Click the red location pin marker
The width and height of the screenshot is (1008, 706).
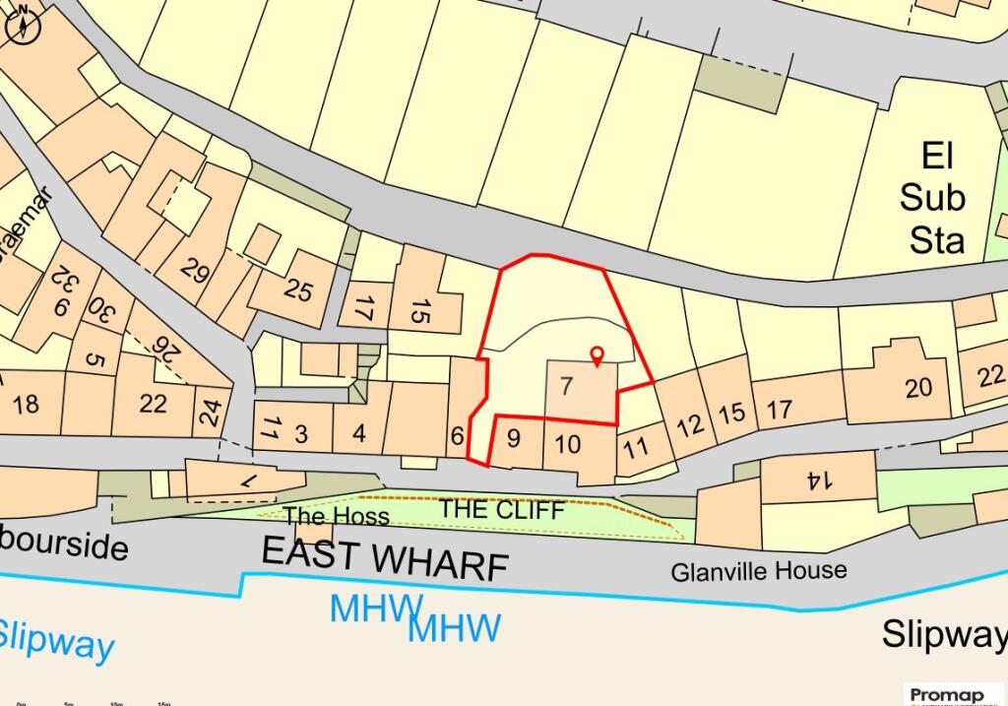596,355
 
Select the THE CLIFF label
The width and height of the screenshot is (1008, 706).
501,510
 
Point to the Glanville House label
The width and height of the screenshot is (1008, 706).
758,570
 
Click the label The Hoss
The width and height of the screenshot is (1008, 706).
337,516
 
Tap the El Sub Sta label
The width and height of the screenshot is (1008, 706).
931,198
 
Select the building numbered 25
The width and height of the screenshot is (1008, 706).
297,289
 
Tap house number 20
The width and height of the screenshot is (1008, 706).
918,387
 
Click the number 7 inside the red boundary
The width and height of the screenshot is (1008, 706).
565,386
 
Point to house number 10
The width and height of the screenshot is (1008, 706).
568,444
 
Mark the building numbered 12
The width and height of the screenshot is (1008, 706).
690,424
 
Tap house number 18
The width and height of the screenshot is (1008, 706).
27,403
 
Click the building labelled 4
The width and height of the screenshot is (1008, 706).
358,433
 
